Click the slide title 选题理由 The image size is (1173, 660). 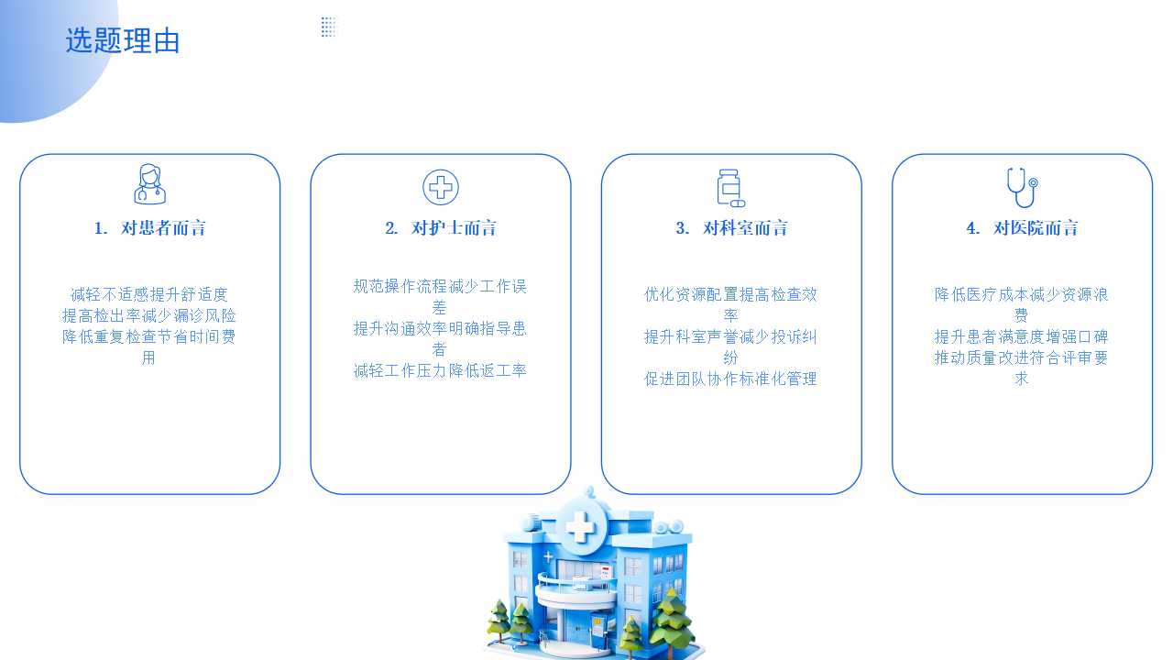pos(123,41)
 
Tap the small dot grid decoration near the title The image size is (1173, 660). pos(328,27)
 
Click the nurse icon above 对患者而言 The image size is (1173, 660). pos(149,184)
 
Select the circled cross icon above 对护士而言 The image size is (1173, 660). pos(441,187)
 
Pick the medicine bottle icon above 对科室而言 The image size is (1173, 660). pos(730,188)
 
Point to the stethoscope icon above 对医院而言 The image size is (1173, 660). pos(1022,188)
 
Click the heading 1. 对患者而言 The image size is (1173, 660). pos(149,228)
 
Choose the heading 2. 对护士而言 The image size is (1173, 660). pos(441,228)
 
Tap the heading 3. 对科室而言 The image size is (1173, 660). pos(731,228)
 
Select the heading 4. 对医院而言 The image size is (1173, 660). pos(1022,228)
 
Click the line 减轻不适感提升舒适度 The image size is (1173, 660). pos(149,294)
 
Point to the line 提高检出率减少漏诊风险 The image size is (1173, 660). pos(149,315)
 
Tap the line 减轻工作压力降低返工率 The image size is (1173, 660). pos(440,370)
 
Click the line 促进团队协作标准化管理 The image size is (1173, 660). pos(730,379)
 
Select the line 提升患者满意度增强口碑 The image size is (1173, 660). pos(1021,336)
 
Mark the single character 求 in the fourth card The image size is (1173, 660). pos(1021,379)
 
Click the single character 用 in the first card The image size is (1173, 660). pos(148,357)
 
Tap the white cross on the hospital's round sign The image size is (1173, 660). pos(581,526)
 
